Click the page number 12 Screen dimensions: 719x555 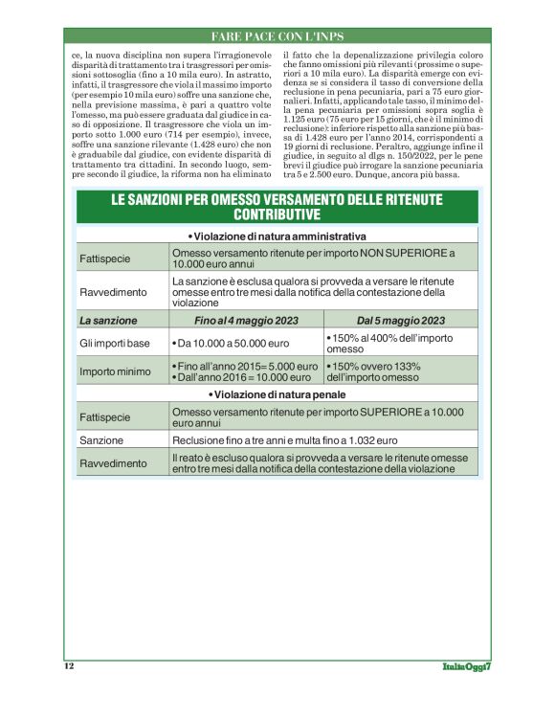pos(69,665)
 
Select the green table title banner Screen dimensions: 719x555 pos(277,207)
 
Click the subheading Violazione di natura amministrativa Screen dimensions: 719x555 pos(277,236)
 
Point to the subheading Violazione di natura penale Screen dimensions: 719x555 pos(277,394)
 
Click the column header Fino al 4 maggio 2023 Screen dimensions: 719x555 pos(246,320)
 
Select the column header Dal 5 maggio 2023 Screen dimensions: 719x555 pos(400,320)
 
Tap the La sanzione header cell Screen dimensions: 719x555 pos(108,320)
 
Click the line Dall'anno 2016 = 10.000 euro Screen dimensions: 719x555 pos(243,378)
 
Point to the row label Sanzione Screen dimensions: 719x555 pos(101,440)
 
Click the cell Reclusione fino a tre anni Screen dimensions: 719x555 pos(285,440)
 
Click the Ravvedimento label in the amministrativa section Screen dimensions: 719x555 pos(113,291)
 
